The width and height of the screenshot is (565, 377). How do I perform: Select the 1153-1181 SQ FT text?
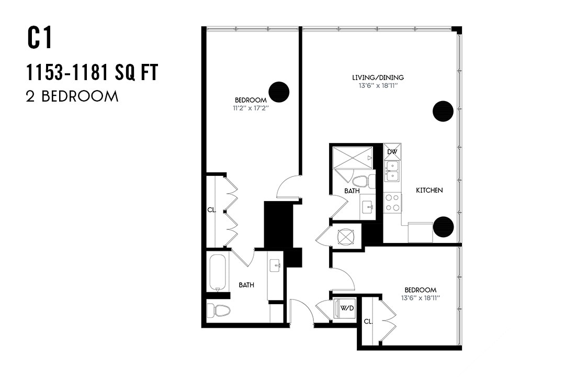(92, 73)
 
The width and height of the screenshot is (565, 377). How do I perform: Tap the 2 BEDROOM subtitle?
(72, 96)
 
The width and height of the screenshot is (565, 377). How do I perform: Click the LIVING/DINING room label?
(378, 77)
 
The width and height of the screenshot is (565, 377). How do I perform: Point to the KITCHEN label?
(429, 190)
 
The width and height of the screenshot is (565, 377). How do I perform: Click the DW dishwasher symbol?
(392, 152)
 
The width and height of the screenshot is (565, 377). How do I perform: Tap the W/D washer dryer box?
(347, 308)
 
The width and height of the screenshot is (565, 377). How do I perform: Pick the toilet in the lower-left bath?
(219, 311)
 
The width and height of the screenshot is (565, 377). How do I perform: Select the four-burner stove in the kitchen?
(392, 203)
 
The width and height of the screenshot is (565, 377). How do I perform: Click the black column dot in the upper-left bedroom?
(279, 92)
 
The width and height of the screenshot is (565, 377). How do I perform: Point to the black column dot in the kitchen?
(443, 226)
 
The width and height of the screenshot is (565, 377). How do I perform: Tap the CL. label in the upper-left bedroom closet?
(211, 210)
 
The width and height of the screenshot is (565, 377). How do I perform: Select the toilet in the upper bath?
(363, 181)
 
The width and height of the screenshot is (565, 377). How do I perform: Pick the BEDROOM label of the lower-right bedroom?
(420, 290)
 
